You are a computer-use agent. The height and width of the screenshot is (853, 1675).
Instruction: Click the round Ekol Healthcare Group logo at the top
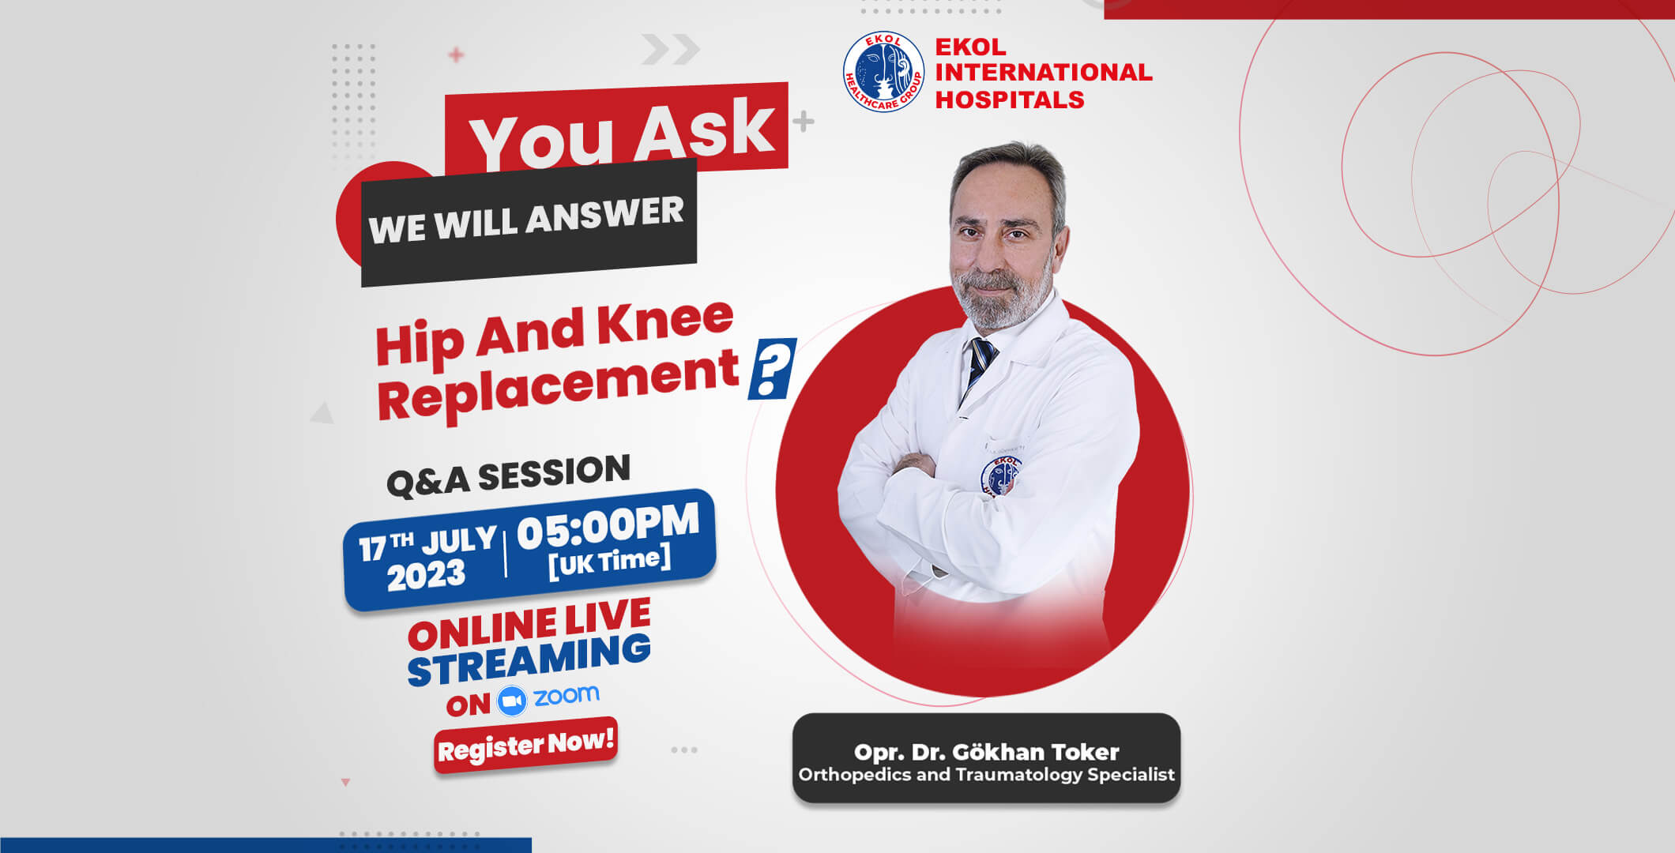883,71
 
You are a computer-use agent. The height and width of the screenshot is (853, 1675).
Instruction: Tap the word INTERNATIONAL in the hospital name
1044,72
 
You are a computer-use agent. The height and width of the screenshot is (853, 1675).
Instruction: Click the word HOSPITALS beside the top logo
1010,100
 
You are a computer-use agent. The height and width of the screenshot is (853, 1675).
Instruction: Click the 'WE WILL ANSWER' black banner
529,222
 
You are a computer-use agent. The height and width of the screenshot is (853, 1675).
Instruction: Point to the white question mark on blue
772,368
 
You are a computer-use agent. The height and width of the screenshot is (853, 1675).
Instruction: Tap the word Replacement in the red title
558,385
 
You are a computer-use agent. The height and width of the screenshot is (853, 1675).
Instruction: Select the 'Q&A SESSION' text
508,475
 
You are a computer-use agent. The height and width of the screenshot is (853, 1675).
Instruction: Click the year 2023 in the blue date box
426,574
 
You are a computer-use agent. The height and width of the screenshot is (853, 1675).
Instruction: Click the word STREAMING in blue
529,660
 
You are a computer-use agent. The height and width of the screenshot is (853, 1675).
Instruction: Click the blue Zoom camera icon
512,701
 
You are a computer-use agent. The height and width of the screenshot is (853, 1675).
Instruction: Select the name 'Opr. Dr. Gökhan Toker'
986,752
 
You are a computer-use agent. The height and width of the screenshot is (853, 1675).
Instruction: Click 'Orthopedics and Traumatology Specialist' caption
986,774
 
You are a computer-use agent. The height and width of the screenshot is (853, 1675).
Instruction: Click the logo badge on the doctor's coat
999,475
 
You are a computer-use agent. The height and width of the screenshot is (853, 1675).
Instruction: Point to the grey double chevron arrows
670,49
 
